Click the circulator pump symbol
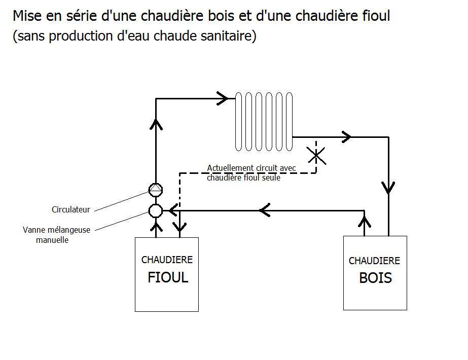[x=156, y=190]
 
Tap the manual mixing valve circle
[x=156, y=210]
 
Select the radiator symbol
[x=264, y=122]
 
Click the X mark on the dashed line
[x=316, y=155]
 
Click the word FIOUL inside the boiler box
[x=168, y=278]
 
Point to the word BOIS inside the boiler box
[x=375, y=278]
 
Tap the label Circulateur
[x=71, y=209]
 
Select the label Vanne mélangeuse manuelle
[x=56, y=235]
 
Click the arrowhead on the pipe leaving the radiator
[x=347, y=136]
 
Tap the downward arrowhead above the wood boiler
[x=388, y=188]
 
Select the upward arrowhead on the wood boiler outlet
[x=364, y=221]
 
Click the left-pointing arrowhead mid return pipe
[x=264, y=210]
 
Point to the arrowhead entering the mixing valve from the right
[x=173, y=210]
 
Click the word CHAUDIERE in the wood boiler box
[x=374, y=261]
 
